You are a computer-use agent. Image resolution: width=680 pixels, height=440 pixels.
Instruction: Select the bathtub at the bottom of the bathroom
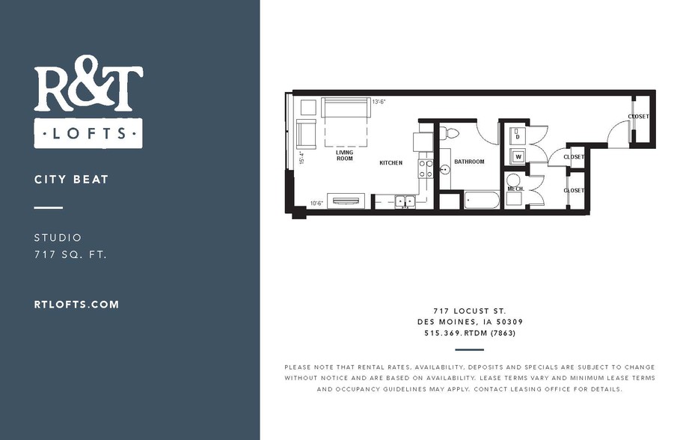coord(481,200)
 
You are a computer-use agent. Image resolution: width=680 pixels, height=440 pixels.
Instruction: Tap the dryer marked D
coord(517,134)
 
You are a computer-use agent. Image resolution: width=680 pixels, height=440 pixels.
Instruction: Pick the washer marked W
coord(518,156)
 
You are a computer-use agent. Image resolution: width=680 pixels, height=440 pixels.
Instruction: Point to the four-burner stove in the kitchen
coord(426,169)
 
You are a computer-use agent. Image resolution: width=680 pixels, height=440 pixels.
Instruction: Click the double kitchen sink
coord(405,201)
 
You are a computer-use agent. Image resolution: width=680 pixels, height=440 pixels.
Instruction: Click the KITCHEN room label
coord(390,162)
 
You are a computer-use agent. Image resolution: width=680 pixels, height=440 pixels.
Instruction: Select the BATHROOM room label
coord(469,162)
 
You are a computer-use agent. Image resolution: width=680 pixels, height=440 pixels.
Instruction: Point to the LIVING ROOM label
coord(345,156)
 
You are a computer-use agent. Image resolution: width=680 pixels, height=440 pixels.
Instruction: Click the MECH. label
coord(515,189)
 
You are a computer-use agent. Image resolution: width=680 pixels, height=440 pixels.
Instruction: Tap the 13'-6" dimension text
coord(379,102)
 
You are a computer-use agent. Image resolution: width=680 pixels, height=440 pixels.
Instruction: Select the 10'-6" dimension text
coord(316,203)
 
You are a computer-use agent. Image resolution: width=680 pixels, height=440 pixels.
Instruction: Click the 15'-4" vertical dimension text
coord(301,157)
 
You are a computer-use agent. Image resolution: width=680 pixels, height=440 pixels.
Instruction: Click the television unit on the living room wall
coord(346,201)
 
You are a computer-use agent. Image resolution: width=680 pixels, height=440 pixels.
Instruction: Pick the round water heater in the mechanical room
coord(514,181)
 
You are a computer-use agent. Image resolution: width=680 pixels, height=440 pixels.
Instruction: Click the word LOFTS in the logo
coord(88,132)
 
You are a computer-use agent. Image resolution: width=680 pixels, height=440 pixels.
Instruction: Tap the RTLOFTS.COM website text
coord(76,304)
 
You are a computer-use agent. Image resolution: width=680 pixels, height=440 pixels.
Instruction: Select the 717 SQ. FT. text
coord(70,254)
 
